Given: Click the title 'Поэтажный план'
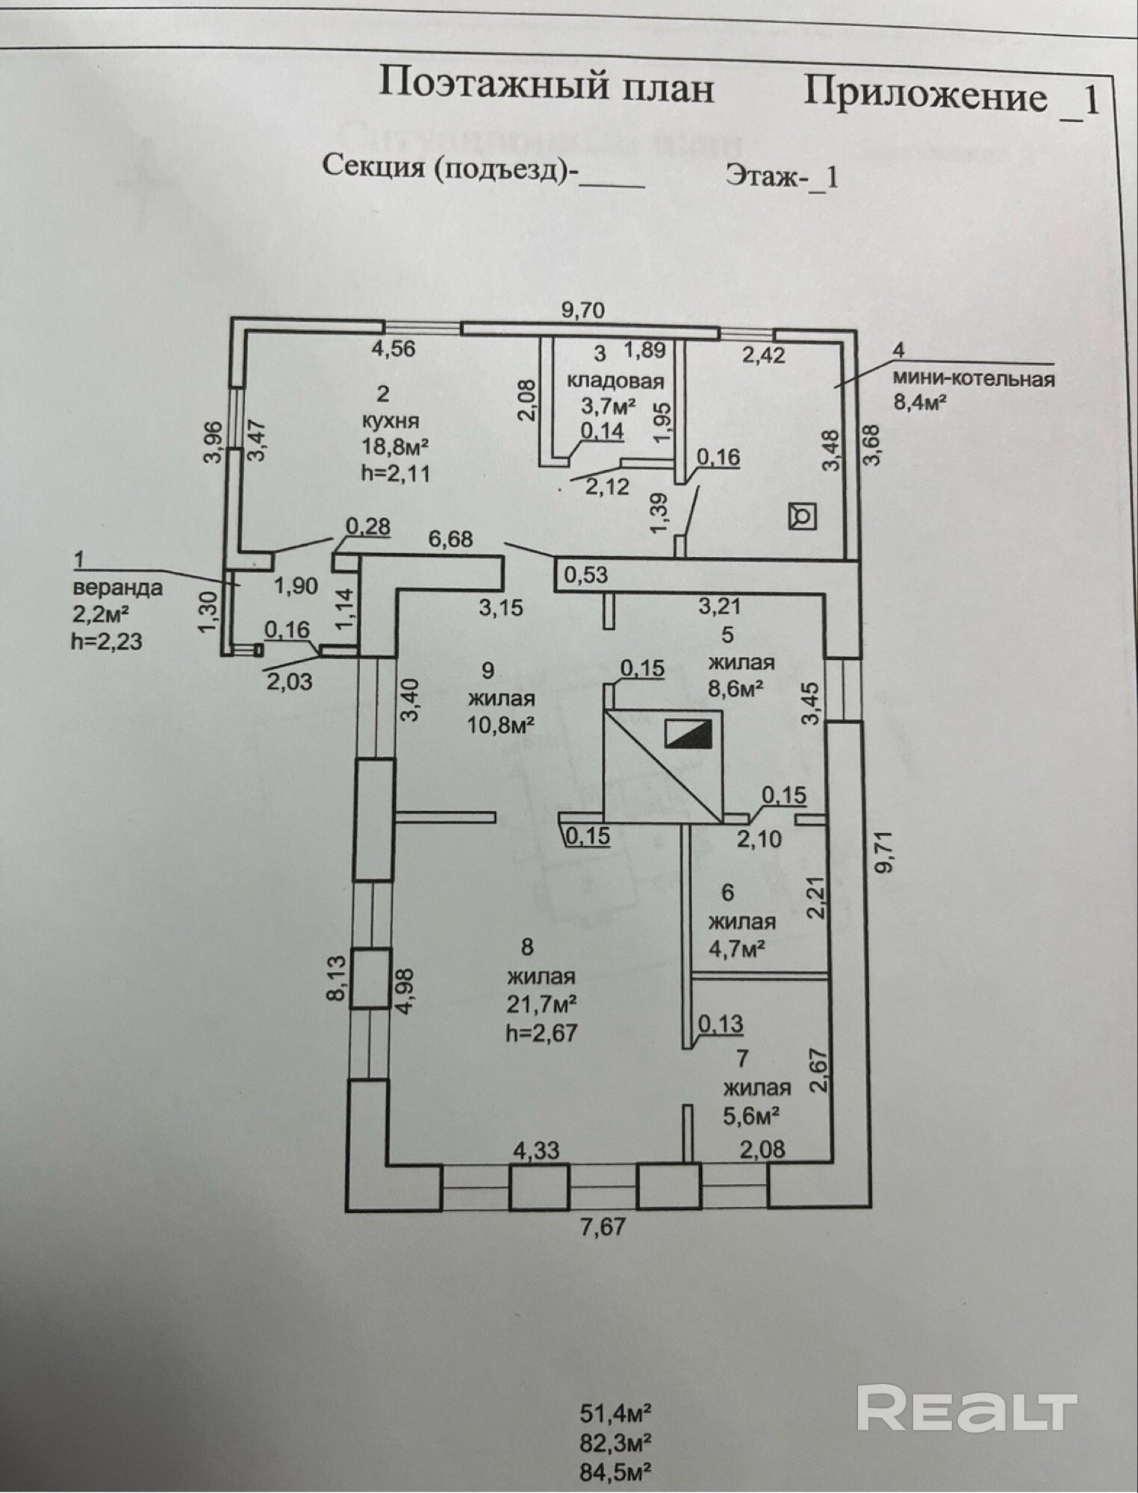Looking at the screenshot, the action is (546, 85).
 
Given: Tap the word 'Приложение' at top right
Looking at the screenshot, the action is (925, 96).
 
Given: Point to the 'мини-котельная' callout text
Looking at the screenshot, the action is (974, 378).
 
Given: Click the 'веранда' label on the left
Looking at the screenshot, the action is (118, 587).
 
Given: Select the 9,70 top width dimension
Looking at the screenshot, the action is (583, 309).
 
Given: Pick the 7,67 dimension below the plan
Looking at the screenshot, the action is (602, 1226).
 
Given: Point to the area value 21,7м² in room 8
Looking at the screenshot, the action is (541, 1004).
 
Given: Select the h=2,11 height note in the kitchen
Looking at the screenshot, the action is (396, 473).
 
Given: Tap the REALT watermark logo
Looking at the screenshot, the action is (967, 1407).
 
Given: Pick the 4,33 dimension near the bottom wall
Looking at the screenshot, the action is (536, 1150).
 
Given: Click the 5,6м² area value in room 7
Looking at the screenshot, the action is (752, 1115).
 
